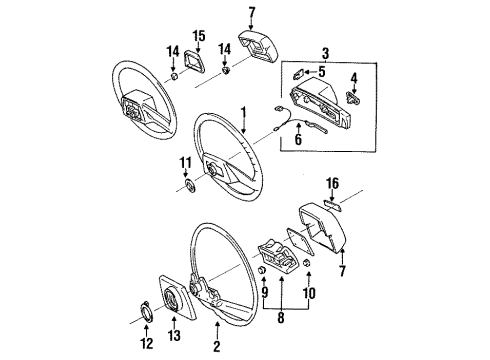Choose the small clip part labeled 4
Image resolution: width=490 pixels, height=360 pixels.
click(x=352, y=97)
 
